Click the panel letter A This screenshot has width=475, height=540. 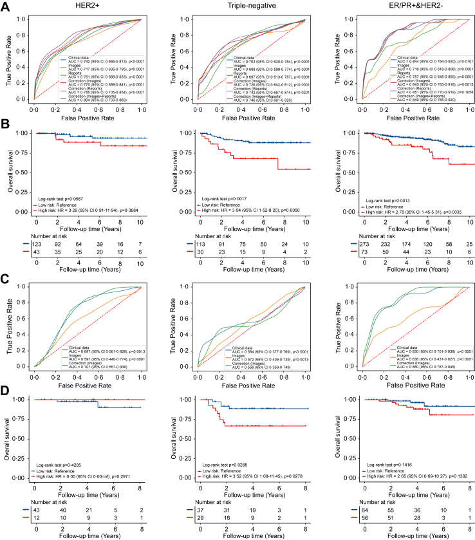pos(6,5)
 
